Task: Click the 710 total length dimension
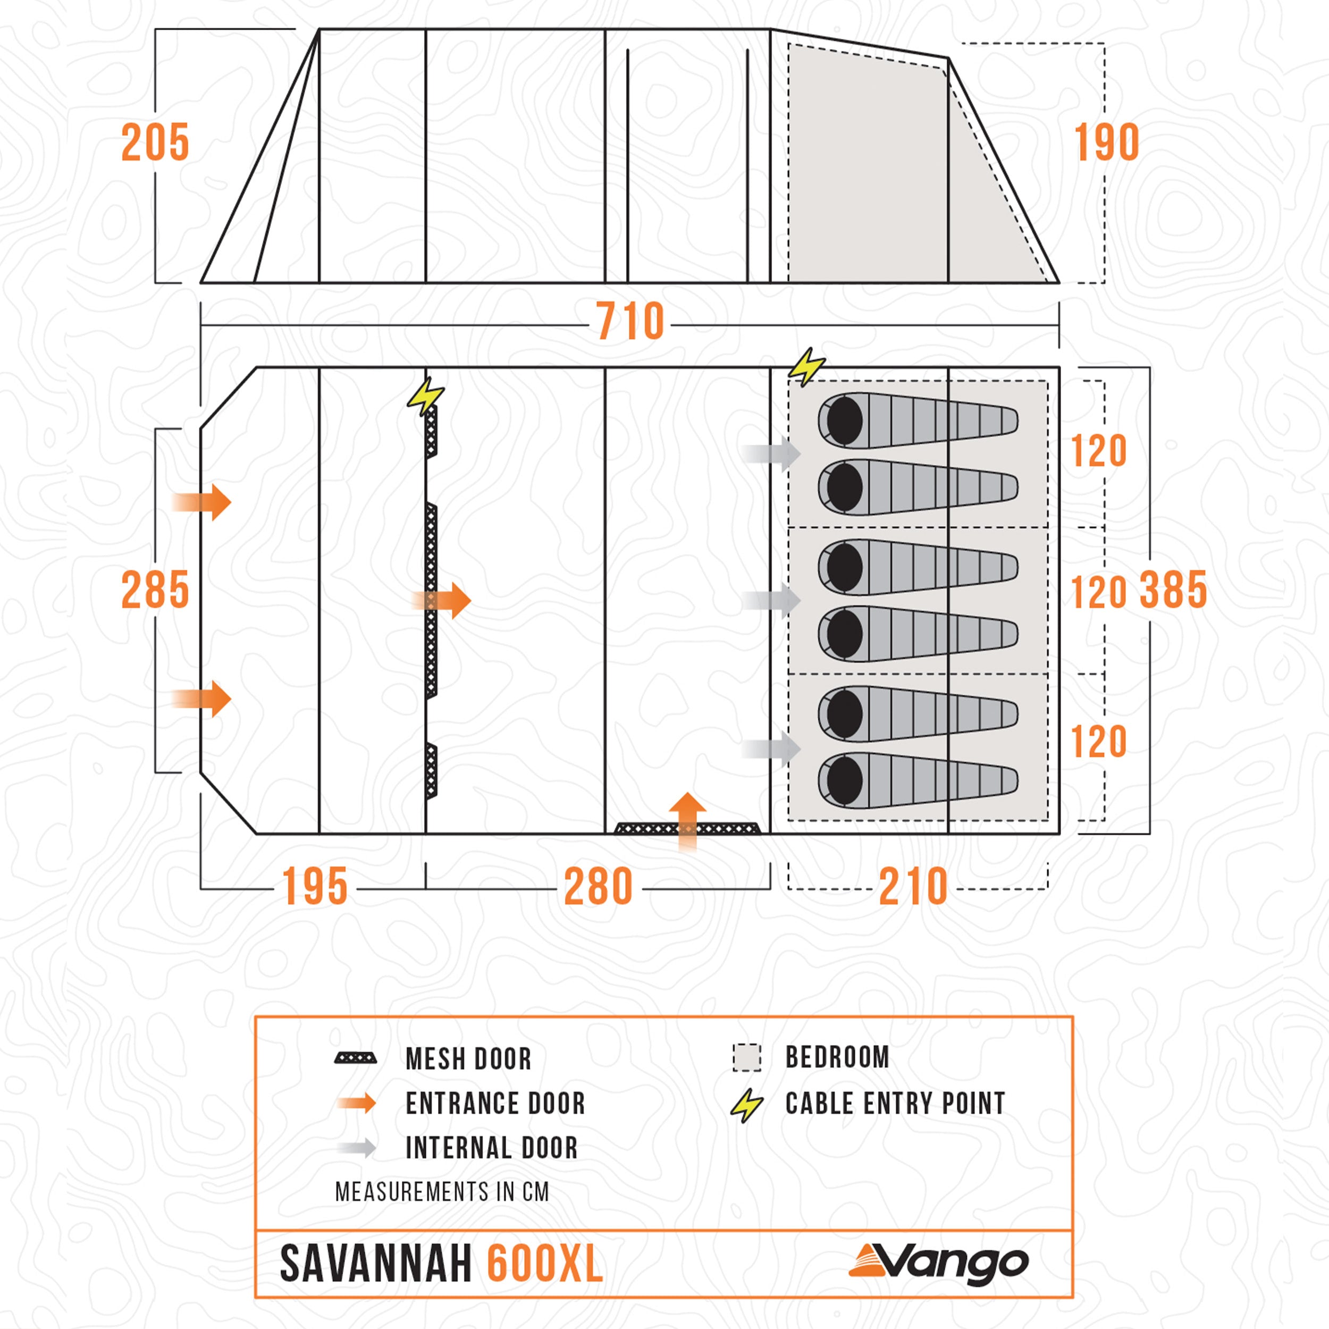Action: click(x=629, y=321)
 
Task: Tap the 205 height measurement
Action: click(x=155, y=143)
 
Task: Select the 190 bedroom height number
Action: click(x=1106, y=143)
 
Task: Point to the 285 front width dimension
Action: click(x=155, y=590)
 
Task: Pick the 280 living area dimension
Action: click(x=598, y=887)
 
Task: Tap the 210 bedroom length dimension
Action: click(x=913, y=887)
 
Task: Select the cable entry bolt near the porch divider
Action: click(x=425, y=396)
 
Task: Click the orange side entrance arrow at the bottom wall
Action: click(x=687, y=821)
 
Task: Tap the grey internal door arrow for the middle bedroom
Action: click(x=772, y=601)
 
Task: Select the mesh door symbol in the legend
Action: click(x=355, y=1058)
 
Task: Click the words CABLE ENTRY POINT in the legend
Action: click(x=895, y=1104)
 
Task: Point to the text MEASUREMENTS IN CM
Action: click(x=442, y=1192)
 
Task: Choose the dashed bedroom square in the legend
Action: click(x=746, y=1058)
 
